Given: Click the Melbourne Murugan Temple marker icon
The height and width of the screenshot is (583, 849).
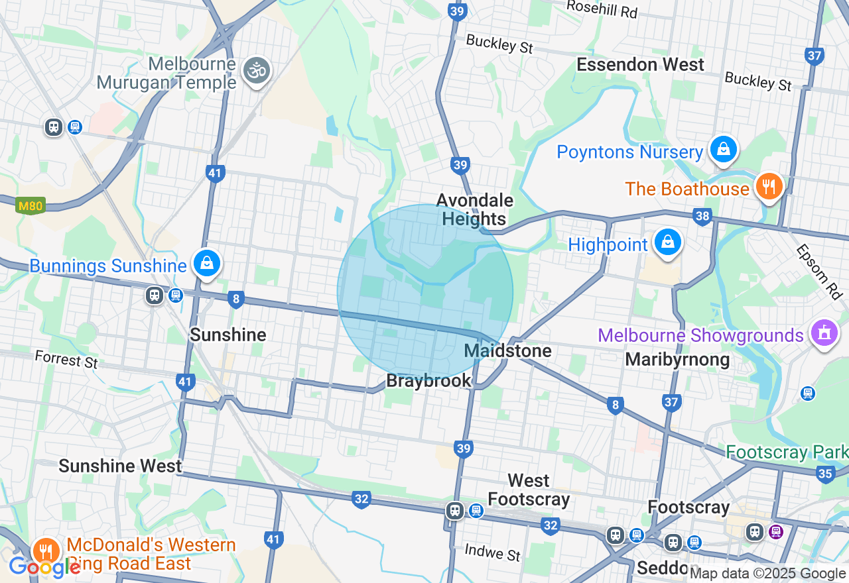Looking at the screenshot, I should (x=257, y=70).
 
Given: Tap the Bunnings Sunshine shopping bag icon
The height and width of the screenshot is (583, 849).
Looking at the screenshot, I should (x=207, y=264).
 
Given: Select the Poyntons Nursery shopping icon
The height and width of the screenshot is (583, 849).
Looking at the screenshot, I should (x=723, y=150).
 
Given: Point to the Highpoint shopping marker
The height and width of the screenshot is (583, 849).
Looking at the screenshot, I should (x=668, y=242).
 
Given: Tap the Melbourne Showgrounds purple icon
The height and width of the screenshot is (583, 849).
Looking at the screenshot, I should (x=824, y=333).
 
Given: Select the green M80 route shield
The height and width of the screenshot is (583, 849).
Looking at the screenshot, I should (x=31, y=206).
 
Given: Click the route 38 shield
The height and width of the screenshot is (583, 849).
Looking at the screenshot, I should (x=702, y=215).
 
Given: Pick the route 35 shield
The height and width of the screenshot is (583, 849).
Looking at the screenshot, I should (x=825, y=473).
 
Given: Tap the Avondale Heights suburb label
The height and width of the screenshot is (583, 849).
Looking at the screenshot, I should (x=474, y=209).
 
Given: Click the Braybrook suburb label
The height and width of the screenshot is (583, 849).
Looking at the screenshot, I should (x=428, y=381).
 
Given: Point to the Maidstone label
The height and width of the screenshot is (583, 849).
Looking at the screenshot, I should (x=508, y=350).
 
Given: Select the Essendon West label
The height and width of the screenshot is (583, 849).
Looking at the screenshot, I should (x=640, y=65).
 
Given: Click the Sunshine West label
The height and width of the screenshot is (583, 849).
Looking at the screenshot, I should (x=120, y=466).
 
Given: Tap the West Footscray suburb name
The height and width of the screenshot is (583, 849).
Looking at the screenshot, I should (x=529, y=490).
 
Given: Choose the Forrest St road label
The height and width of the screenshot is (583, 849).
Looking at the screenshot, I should (x=66, y=360).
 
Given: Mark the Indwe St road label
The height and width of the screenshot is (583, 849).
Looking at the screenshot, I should (x=492, y=551).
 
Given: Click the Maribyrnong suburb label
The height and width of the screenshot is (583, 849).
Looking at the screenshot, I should (x=677, y=360).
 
